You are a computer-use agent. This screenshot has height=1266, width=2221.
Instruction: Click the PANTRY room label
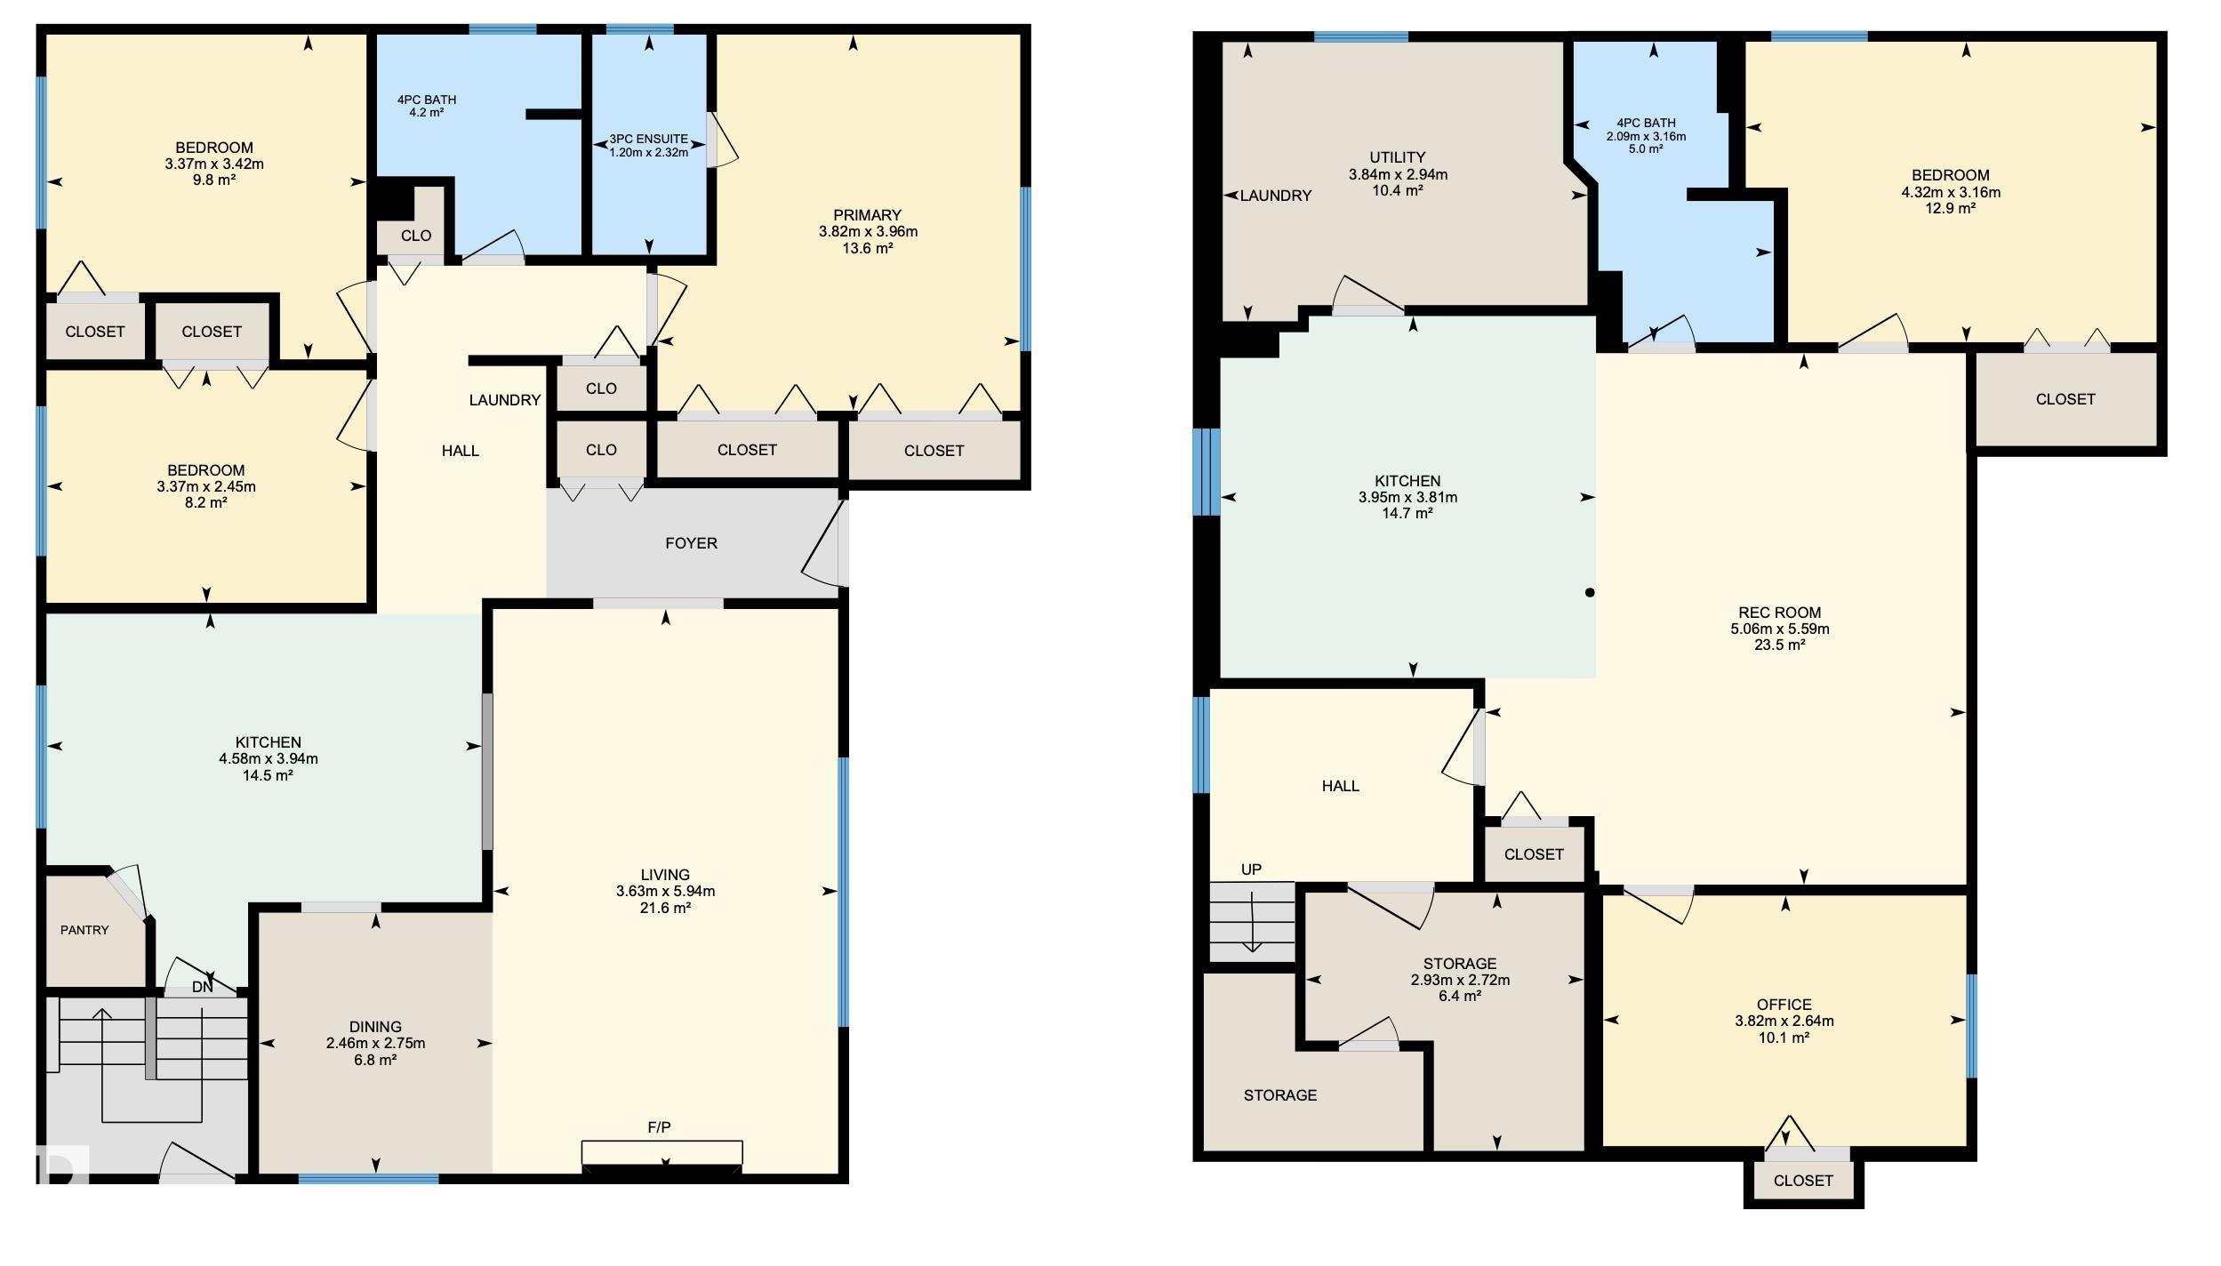pos(84,930)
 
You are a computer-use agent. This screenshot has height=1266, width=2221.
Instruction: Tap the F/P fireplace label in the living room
pos(659,1127)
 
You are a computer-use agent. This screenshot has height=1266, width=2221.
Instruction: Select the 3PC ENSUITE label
pos(648,139)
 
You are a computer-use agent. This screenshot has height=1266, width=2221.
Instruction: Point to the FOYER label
pos(691,543)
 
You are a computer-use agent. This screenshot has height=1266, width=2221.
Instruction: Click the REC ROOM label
pos(1779,613)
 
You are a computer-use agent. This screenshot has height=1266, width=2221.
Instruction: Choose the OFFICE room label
pos(1784,1005)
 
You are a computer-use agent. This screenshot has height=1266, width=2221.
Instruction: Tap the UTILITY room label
pos(1398,157)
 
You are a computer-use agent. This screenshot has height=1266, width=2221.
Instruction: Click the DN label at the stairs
pos(203,987)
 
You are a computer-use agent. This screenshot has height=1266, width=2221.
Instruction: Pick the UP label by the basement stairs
pos(1251,869)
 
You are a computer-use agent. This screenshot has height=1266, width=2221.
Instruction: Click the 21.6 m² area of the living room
pos(665,908)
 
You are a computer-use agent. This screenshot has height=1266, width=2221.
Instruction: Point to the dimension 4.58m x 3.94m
pos(269,758)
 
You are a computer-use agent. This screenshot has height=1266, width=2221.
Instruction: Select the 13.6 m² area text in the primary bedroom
pos(868,248)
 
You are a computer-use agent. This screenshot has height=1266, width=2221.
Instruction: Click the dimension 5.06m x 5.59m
pos(1779,629)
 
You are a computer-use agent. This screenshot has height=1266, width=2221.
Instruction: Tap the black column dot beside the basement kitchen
pos(1590,592)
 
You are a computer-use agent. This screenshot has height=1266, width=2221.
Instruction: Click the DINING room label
pos(375,1027)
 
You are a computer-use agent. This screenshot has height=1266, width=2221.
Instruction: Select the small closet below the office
pos(1803,1180)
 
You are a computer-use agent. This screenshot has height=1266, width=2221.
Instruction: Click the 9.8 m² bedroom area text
pos(213,180)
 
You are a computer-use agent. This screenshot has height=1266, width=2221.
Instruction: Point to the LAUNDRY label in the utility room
pos(1276,196)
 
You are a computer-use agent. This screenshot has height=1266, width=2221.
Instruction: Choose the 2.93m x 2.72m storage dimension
pos(1459,980)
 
